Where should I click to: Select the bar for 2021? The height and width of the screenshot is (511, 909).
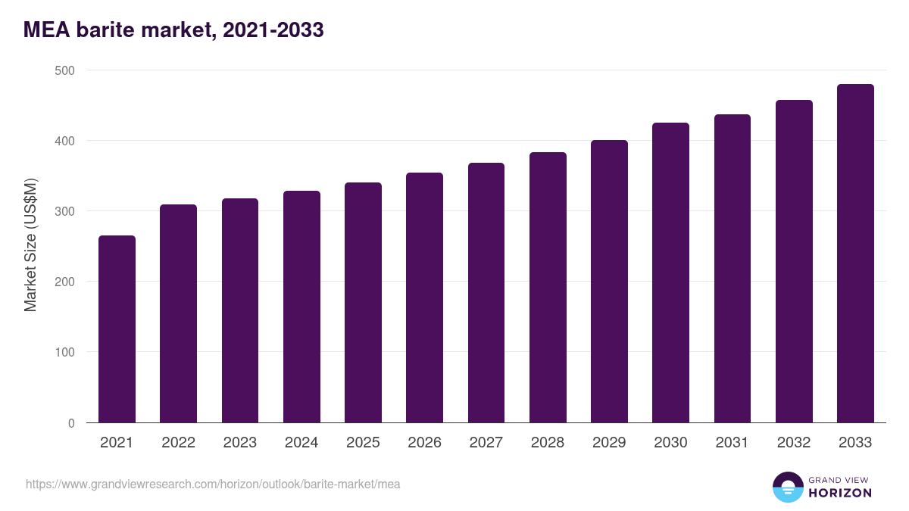[x=117, y=329]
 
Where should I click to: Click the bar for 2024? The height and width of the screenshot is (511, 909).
[x=301, y=307]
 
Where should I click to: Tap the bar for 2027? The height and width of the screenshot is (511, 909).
[x=486, y=293]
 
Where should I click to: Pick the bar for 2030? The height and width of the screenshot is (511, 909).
[x=670, y=273]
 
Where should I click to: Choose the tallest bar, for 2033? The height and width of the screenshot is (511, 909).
[x=855, y=254]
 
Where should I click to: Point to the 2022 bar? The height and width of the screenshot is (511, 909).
[x=178, y=313]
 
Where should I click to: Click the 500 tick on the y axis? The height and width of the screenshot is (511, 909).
[x=66, y=70]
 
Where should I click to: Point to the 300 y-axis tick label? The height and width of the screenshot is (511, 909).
[x=66, y=211]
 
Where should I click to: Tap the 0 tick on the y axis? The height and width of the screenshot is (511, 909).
[x=71, y=423]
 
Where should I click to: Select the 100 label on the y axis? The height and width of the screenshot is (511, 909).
[x=66, y=352]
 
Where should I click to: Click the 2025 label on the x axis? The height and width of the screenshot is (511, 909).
[x=363, y=443]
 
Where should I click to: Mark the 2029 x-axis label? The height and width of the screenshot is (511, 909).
[x=609, y=443]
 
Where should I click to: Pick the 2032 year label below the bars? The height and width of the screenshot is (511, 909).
[x=794, y=443]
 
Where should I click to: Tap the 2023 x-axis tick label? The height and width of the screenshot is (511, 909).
[x=239, y=443]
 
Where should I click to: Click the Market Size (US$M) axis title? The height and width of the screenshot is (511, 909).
[x=30, y=245]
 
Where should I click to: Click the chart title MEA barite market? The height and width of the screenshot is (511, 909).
[x=173, y=30]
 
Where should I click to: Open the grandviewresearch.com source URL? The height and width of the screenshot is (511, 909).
[x=213, y=484]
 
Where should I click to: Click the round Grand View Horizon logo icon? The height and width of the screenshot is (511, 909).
[x=788, y=487]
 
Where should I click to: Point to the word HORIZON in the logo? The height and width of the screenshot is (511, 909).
[x=840, y=493]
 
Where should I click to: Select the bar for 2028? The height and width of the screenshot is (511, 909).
[x=548, y=288]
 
